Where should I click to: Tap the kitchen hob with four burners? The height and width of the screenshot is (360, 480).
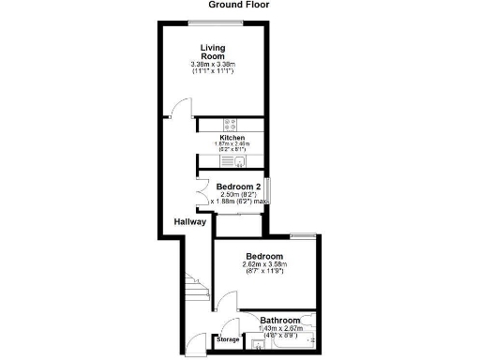coord(231,124)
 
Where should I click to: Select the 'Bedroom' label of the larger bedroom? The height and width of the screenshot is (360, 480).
coord(264,256)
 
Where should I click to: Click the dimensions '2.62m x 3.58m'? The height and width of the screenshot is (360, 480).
coord(264,265)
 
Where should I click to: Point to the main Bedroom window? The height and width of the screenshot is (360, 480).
coord(303,234)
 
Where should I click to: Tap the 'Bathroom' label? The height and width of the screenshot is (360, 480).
coord(280,319)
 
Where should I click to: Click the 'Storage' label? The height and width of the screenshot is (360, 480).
coord(229,339)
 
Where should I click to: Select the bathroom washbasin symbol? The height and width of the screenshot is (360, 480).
coord(259,343)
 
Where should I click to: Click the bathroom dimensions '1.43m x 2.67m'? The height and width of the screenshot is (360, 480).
coord(280,328)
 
